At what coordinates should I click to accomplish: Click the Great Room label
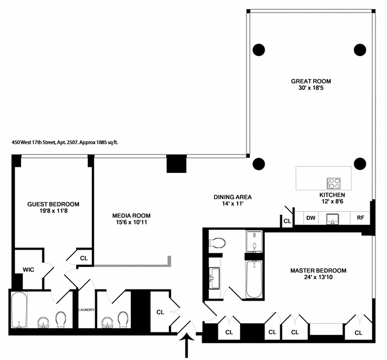click(x=310, y=81)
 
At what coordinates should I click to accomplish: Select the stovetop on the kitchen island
click(x=333, y=183)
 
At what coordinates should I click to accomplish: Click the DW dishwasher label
click(x=310, y=218)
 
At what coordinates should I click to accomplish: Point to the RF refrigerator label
click(x=360, y=218)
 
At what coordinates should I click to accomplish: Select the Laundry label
click(x=86, y=310)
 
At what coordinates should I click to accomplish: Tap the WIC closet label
click(x=29, y=270)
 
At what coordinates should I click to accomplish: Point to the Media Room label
click(x=131, y=216)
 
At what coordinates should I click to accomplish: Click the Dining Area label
click(x=232, y=197)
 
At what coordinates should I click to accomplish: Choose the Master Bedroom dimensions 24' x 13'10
click(x=318, y=278)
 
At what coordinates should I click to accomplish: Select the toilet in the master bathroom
click(x=217, y=243)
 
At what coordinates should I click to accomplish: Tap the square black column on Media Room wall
click(x=176, y=164)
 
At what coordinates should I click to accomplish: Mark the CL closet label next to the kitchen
click(x=287, y=221)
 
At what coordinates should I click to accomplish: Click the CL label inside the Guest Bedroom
click(x=84, y=258)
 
